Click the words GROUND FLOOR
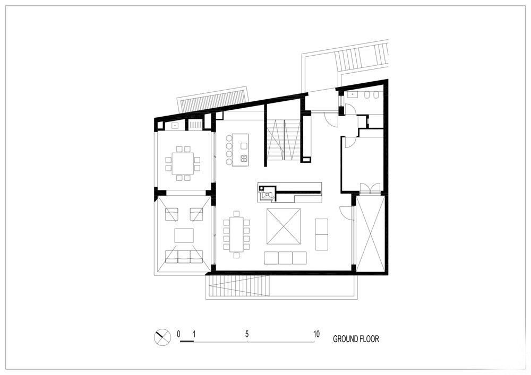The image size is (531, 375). (356, 339)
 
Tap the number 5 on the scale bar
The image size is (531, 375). (247, 334)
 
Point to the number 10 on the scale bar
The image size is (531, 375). (316, 334)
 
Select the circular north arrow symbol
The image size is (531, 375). (162, 337)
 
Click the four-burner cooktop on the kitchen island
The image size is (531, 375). (244, 158)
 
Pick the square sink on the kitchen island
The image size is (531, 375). (244, 146)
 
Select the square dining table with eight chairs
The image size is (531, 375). (183, 163)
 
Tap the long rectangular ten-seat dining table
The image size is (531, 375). (236, 234)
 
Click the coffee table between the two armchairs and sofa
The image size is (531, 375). (184, 235)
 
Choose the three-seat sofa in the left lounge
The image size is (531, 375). (184, 256)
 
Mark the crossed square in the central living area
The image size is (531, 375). (284, 226)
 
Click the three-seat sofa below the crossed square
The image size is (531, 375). (286, 258)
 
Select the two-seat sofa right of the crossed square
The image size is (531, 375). (321, 234)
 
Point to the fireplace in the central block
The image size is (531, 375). (268, 194)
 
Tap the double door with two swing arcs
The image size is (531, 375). (371, 188)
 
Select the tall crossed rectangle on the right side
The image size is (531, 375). (371, 234)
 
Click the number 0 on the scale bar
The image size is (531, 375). (178, 334)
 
